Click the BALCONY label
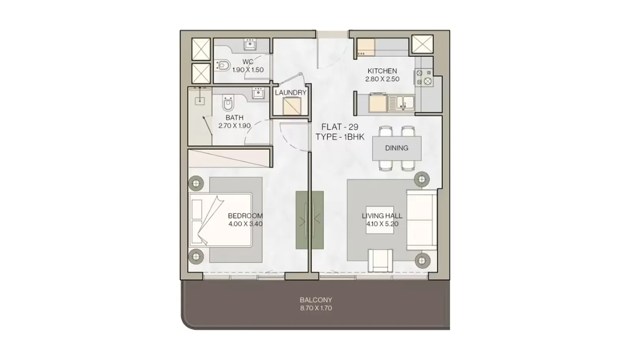(316, 300)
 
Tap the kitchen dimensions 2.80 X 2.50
(382, 79)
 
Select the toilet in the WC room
(222, 65)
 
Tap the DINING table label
(397, 148)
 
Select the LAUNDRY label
(291, 93)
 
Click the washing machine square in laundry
(292, 106)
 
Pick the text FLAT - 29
(340, 127)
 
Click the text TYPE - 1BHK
(340, 137)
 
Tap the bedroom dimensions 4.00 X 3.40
(245, 224)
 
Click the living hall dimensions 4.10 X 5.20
(382, 224)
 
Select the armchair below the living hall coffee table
(380, 260)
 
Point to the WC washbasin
(250, 45)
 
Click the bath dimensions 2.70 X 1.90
(234, 126)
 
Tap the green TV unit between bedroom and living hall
(309, 220)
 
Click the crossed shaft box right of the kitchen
(422, 44)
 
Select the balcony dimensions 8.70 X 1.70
(316, 308)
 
